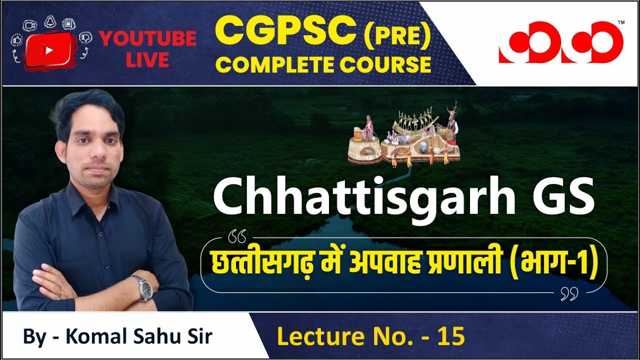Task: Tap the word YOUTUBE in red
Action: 147,38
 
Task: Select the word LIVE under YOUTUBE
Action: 147,60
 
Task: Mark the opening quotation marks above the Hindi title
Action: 236,234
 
